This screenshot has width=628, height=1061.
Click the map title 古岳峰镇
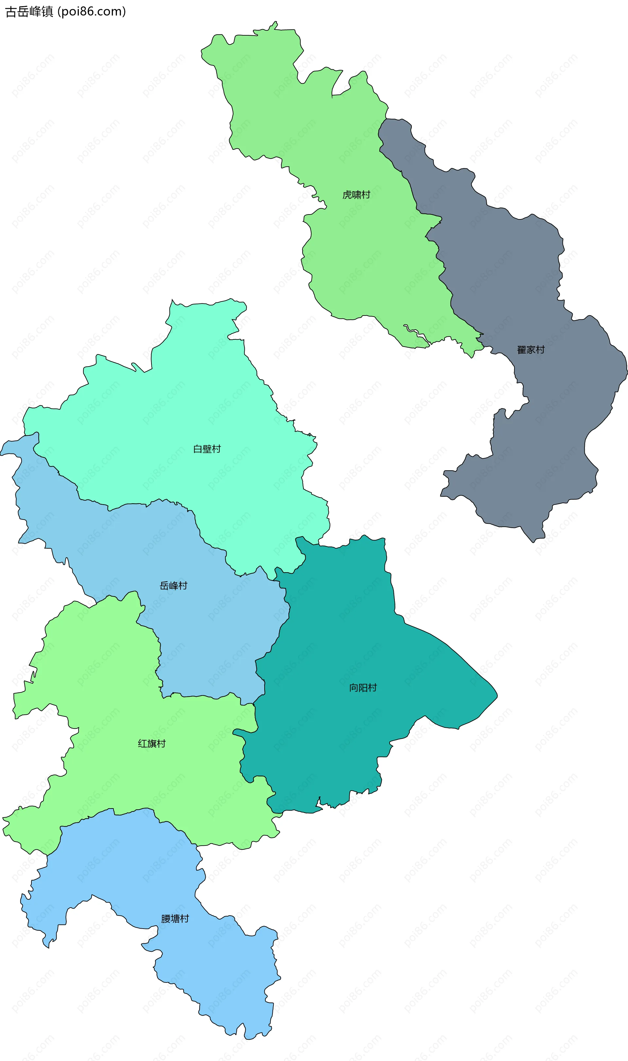tap(29, 12)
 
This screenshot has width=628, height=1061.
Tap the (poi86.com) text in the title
tap(91, 12)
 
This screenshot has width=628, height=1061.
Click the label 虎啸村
tap(356, 195)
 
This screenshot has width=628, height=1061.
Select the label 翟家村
tap(531, 350)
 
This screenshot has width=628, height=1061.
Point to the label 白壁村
tap(207, 449)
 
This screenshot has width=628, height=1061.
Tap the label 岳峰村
tap(173, 586)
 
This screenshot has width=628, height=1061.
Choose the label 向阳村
tap(363, 688)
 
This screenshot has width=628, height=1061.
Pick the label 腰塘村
tap(175, 919)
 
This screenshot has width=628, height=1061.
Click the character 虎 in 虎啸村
tap(347, 195)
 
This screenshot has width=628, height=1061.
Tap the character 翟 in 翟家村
tap(522, 350)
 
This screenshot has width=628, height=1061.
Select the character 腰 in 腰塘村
tap(166, 919)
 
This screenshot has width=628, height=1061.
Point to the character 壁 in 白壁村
tap(207, 449)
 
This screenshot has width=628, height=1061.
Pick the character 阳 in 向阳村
tap(363, 688)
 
